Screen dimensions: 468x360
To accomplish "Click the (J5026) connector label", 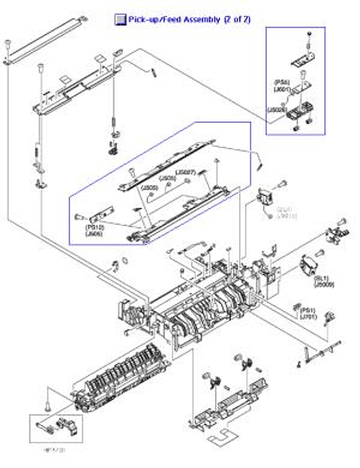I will tap(276, 110).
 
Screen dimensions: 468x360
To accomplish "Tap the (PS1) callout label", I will tap(307, 309).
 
